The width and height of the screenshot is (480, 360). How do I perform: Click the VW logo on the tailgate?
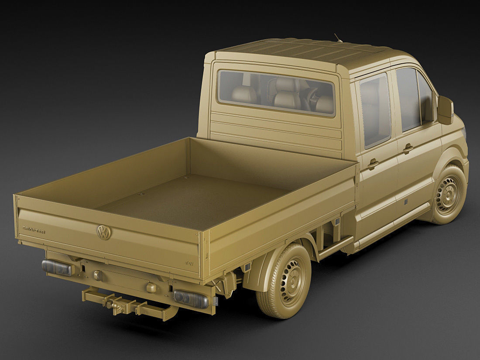point(104,232)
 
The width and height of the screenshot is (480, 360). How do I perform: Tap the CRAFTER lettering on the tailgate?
point(34,230)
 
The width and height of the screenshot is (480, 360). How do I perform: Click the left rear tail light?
point(57,267)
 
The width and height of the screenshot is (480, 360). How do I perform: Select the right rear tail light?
point(191,298)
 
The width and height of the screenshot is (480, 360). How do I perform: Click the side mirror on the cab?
point(446,110)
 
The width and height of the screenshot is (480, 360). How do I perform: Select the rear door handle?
point(373,164)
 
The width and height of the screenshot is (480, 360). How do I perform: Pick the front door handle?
point(408,149)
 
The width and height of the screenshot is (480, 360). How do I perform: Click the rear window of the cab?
point(277,93)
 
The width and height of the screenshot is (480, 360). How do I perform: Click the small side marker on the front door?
point(405,202)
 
